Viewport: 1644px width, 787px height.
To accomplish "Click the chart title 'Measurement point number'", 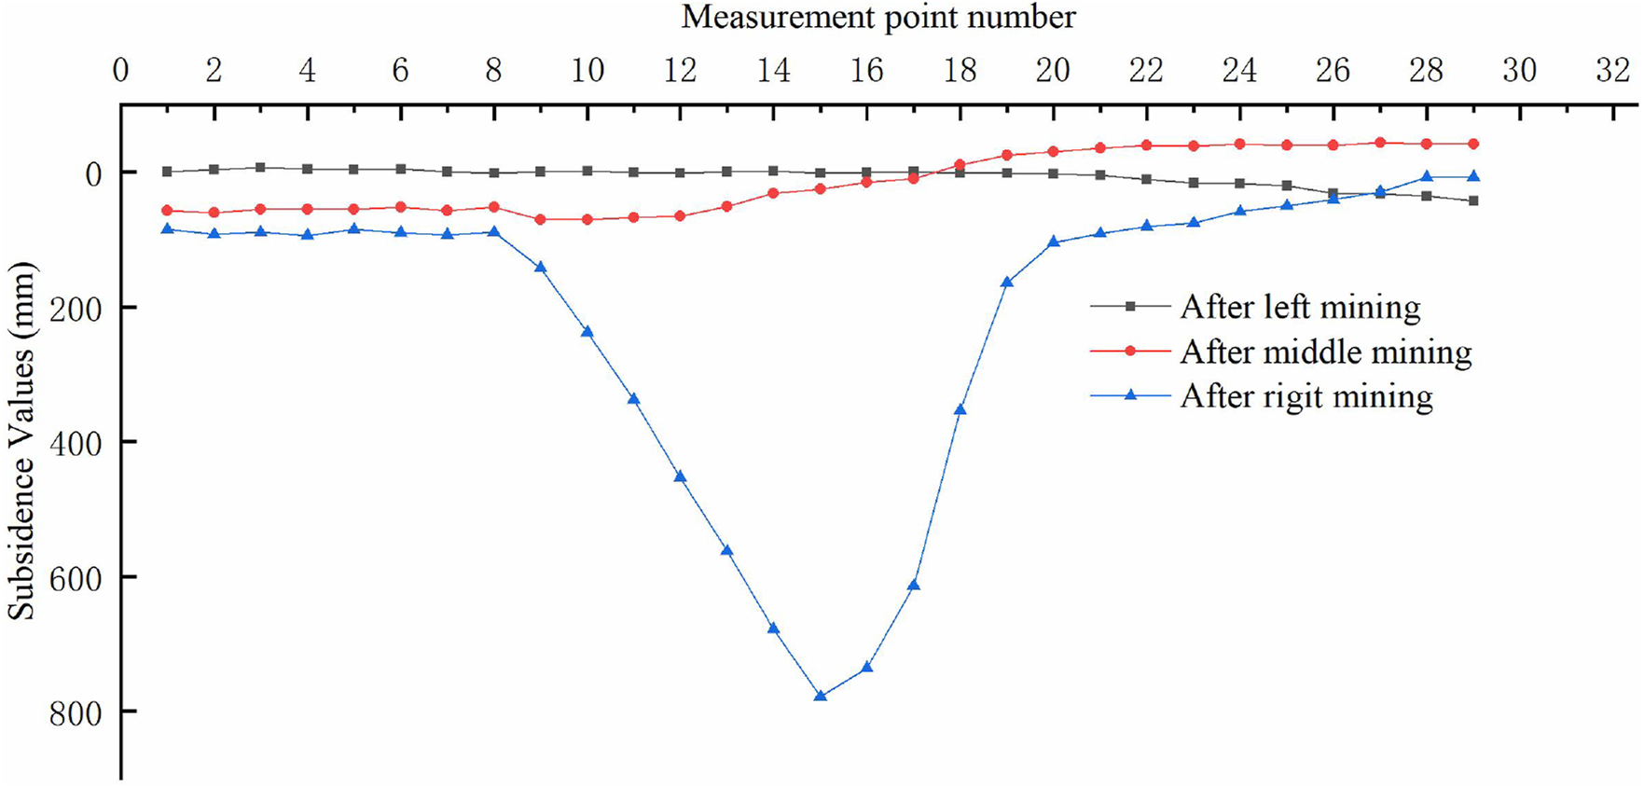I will [877, 17].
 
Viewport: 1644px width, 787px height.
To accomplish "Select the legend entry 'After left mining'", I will [1300, 307].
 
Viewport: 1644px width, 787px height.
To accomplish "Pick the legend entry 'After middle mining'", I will [1325, 352].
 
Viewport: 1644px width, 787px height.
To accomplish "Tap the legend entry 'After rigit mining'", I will [1306, 396].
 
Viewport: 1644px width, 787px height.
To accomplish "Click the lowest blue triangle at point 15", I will [821, 696].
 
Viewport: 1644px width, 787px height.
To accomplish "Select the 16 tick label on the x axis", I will [867, 71].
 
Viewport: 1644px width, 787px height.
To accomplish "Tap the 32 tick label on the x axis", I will [1613, 71].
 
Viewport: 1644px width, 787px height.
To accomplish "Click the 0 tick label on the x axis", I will [121, 71].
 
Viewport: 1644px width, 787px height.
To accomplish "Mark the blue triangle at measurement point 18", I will [960, 409].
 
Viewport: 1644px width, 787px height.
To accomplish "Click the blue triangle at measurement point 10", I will [587, 331].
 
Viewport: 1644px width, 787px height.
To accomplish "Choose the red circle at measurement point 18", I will [960, 165].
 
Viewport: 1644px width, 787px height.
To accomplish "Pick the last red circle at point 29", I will [1473, 144].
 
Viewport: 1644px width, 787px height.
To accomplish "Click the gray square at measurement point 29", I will [1473, 200].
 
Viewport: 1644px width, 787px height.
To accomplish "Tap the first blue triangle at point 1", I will [168, 228].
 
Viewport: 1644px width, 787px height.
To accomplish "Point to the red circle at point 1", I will [168, 211].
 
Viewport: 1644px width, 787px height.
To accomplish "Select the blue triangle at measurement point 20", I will [1054, 242].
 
